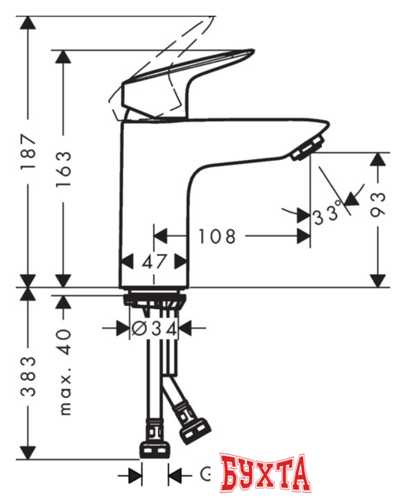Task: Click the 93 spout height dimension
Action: pos(379,211)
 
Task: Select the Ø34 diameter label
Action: pos(155,329)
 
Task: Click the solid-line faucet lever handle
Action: pos(188,78)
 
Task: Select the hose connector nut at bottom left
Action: pos(154,449)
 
